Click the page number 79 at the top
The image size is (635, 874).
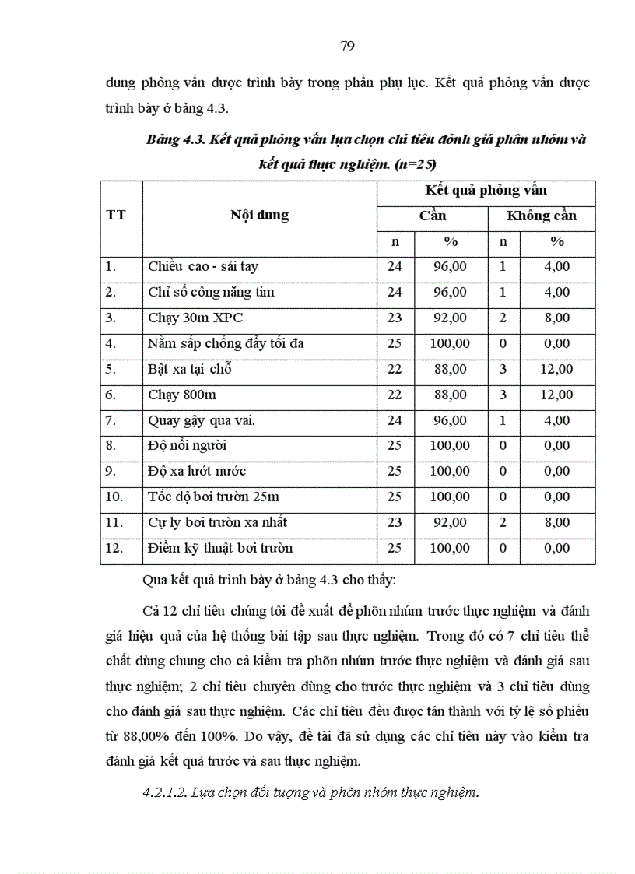point(348,46)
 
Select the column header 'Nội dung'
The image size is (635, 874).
point(259,216)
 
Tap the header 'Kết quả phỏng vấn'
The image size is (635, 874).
point(486,191)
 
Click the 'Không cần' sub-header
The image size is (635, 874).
point(542,216)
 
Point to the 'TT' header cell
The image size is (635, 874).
point(116,216)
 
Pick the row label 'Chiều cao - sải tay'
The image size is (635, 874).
point(203,267)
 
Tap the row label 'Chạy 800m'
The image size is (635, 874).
point(182,395)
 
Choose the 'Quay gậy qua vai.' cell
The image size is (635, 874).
point(202,420)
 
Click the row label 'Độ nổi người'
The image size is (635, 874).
point(188,446)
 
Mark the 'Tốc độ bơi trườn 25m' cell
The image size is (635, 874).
point(213,497)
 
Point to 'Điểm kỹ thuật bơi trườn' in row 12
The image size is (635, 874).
point(220,548)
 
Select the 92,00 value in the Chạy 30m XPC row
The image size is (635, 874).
point(451,318)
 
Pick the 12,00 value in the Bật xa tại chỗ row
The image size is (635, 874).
point(556,369)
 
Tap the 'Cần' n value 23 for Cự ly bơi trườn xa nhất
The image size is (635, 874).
point(395,523)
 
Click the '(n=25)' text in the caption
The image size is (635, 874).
point(416,164)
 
